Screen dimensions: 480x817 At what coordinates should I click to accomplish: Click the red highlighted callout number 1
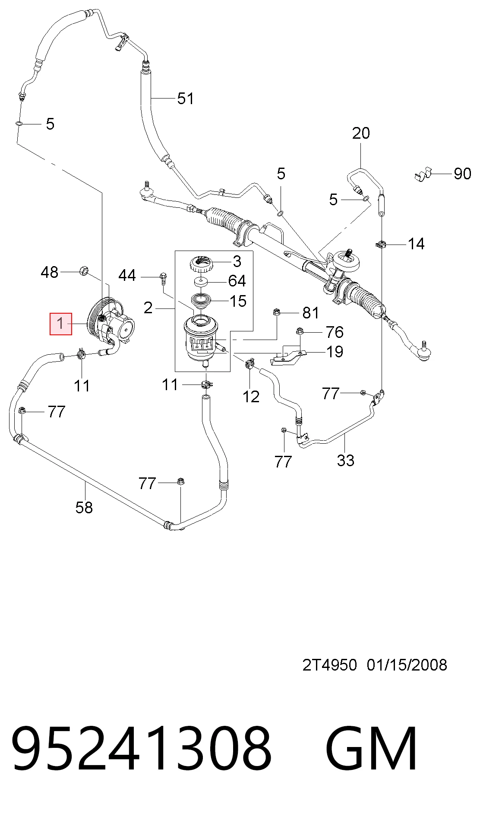(x=61, y=324)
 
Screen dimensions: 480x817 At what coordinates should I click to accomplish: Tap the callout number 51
(x=186, y=99)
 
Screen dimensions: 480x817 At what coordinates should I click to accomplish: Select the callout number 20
(x=361, y=133)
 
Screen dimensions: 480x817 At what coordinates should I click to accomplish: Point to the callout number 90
(x=462, y=174)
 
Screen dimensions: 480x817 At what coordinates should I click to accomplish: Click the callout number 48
(x=49, y=272)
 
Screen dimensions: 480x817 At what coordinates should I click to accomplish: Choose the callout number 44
(x=127, y=275)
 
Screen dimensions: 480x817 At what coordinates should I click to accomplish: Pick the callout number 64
(x=237, y=281)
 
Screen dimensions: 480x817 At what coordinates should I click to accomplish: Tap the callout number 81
(x=311, y=313)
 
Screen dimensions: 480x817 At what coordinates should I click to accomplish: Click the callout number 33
(x=346, y=461)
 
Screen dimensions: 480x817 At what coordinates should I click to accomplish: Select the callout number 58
(x=84, y=508)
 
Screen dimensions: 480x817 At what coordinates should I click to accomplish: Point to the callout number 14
(x=416, y=244)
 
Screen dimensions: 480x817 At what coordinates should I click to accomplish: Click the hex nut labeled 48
(x=84, y=271)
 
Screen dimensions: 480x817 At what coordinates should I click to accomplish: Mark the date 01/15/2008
(x=407, y=665)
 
